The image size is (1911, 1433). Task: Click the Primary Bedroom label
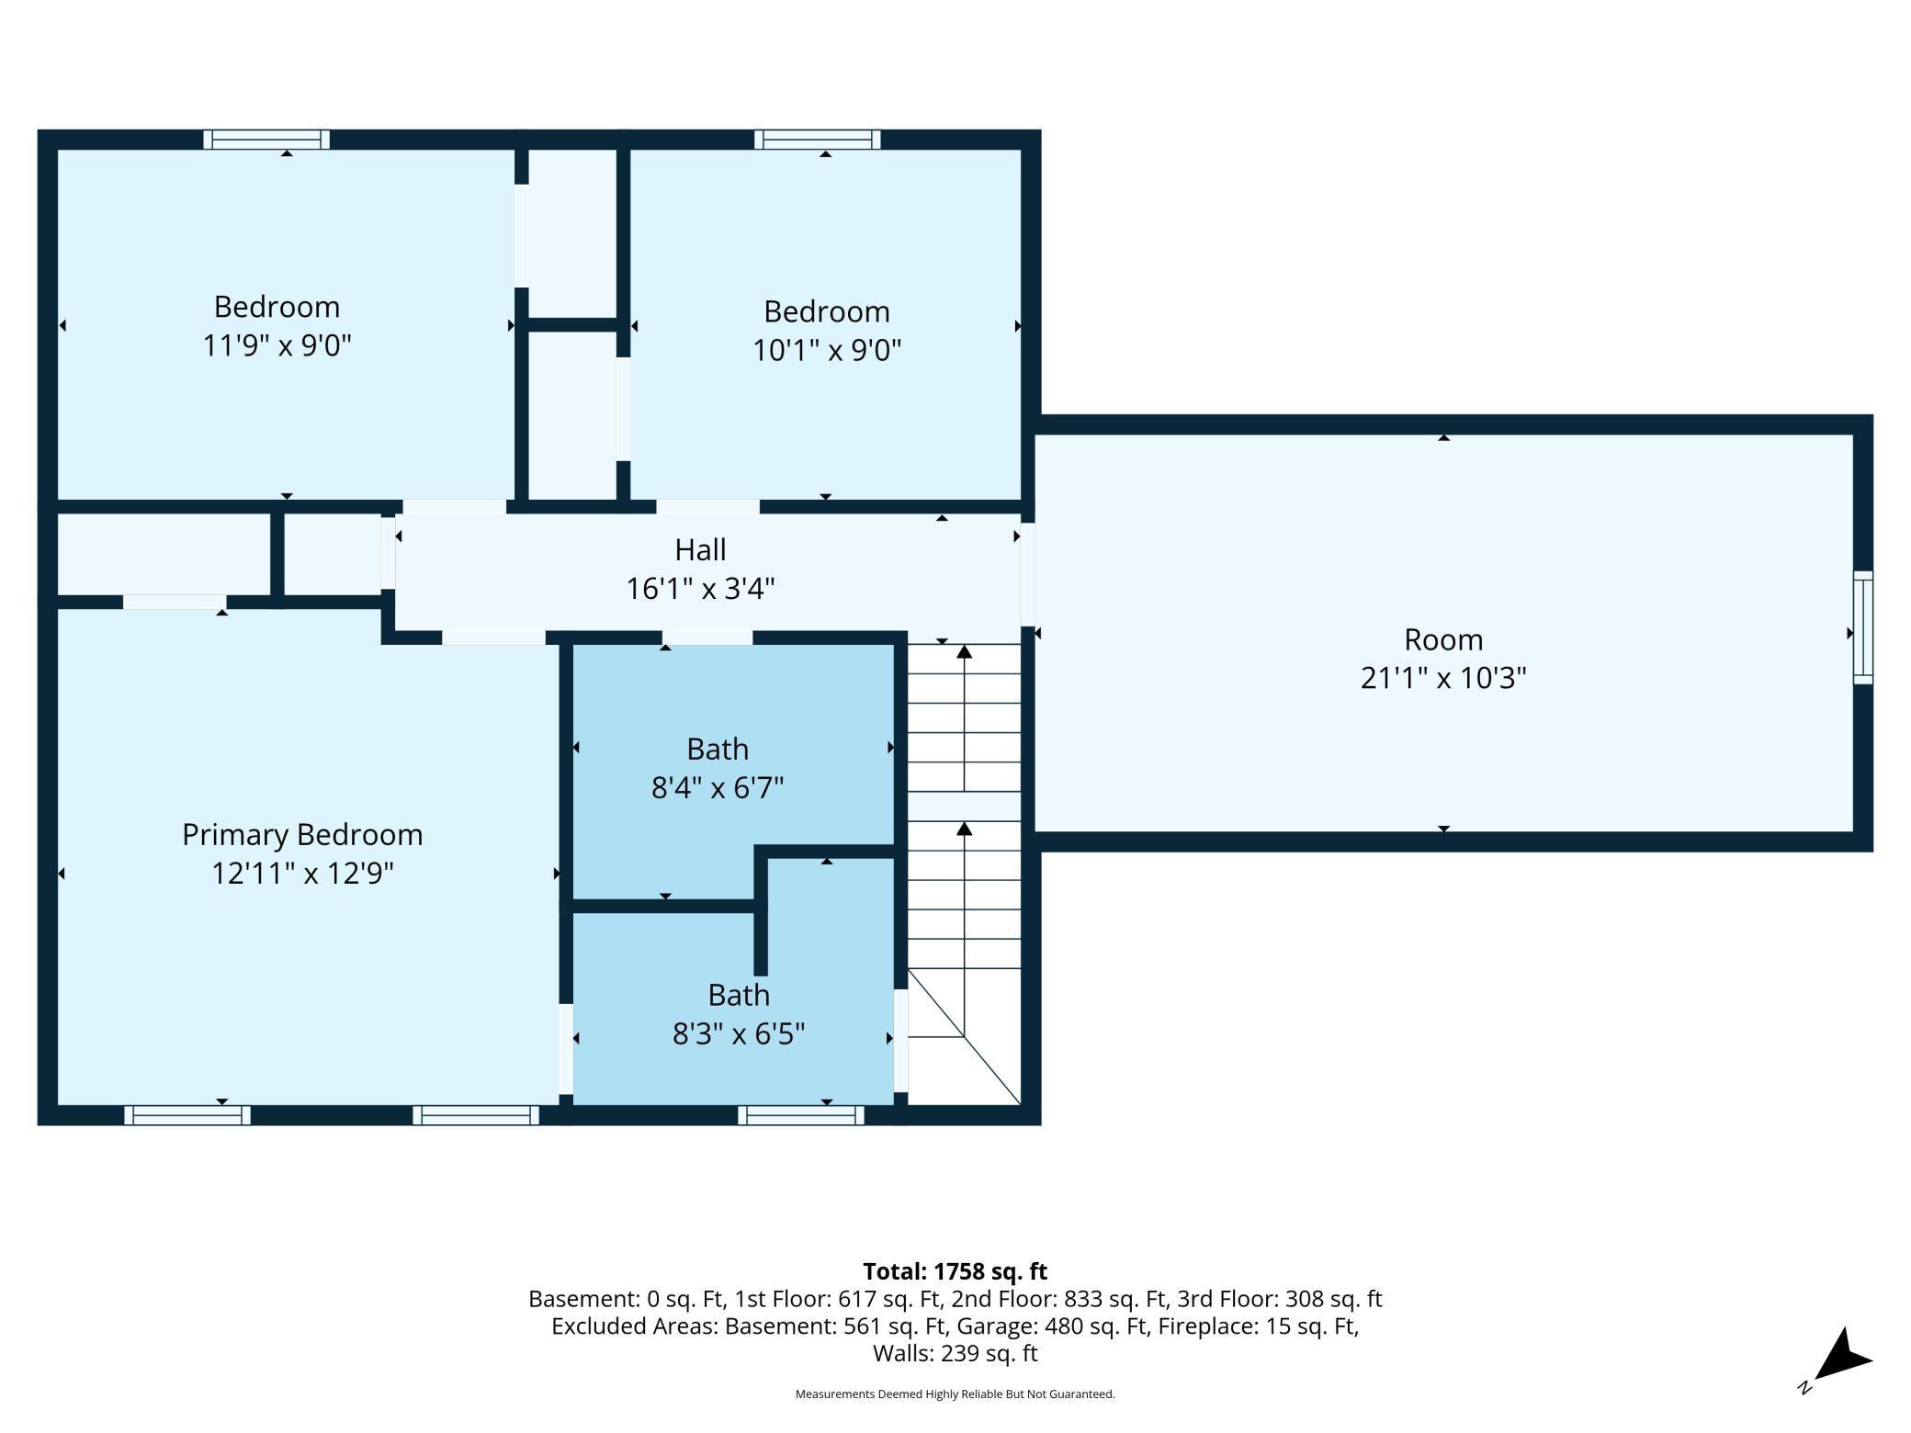click(x=302, y=835)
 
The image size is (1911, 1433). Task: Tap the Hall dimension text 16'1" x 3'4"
click(x=700, y=588)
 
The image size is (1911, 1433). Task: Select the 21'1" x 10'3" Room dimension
click(x=1443, y=678)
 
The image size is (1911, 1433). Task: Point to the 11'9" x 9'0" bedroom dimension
click(x=277, y=345)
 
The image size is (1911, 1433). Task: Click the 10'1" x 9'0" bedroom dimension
click(x=827, y=350)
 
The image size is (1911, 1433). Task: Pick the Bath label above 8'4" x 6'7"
click(x=718, y=750)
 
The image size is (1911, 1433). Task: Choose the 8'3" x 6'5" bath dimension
click(x=739, y=1034)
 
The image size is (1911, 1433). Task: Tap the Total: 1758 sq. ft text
click(x=955, y=1271)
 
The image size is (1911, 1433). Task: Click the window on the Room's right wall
click(x=1862, y=627)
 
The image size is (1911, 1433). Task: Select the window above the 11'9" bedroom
click(x=266, y=140)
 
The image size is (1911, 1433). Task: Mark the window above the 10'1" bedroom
click(x=818, y=140)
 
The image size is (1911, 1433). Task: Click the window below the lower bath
click(x=801, y=1115)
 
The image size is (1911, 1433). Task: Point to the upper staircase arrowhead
click(x=964, y=652)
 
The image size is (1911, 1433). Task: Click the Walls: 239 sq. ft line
click(x=955, y=1353)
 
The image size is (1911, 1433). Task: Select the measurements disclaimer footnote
click(x=955, y=1394)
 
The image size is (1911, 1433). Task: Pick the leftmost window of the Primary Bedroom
click(x=187, y=1115)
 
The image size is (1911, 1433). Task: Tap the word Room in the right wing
click(x=1443, y=639)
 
